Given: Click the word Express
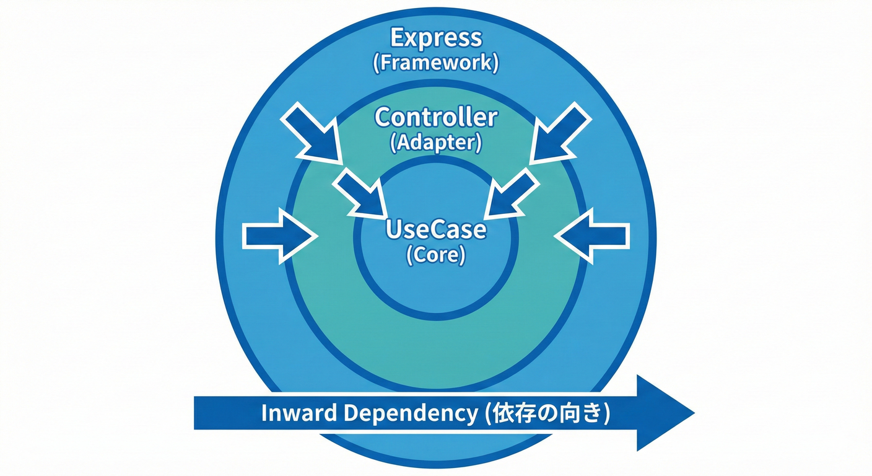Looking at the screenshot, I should pyautogui.click(x=435, y=38).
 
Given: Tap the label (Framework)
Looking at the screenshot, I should pyautogui.click(x=435, y=64).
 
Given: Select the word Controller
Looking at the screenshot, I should pyautogui.click(x=435, y=117).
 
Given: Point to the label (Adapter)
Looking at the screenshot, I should pyautogui.click(x=435, y=143).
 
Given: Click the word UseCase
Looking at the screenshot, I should pyautogui.click(x=435, y=229).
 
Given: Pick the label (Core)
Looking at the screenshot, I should pyautogui.click(x=435, y=255).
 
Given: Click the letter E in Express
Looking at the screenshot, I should pyautogui.click(x=397, y=38).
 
